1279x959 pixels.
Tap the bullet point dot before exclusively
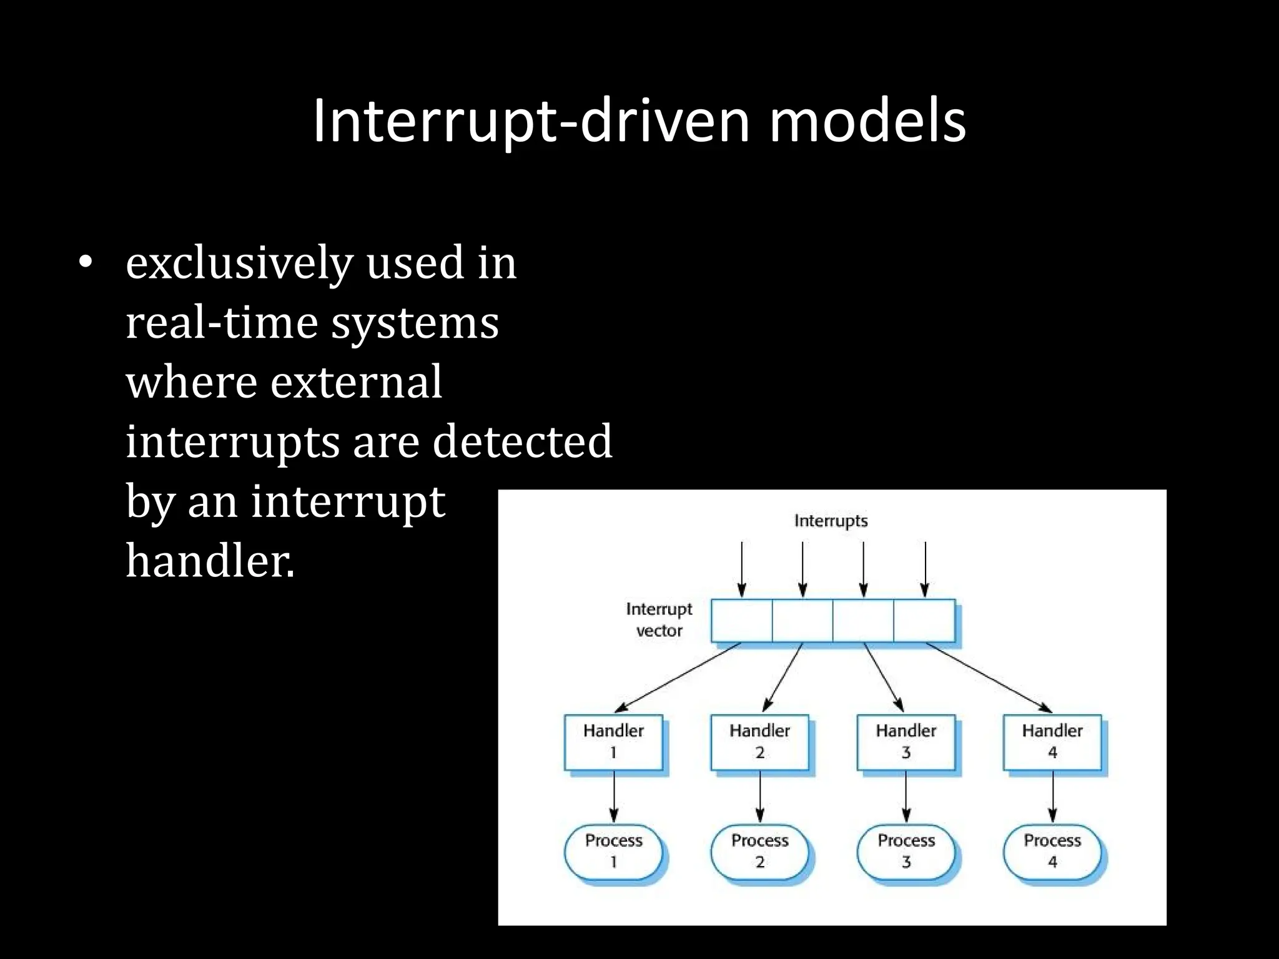click(x=86, y=263)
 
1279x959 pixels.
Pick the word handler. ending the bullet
click(x=210, y=561)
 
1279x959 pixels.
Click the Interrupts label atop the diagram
click(x=831, y=521)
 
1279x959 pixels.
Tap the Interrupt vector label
click(x=659, y=619)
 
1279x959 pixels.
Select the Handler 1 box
click(x=613, y=742)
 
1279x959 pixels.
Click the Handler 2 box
click(x=759, y=742)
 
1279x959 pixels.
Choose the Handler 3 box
click(x=906, y=742)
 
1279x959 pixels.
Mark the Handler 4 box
click(x=1052, y=742)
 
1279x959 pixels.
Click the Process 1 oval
click(x=613, y=851)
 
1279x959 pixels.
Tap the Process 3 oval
click(x=906, y=851)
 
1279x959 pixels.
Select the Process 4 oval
click(x=1052, y=851)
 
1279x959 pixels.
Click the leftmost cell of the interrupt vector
click(x=741, y=621)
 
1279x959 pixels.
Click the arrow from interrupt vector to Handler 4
click(x=989, y=677)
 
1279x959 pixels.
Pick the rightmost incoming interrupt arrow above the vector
click(x=925, y=568)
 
